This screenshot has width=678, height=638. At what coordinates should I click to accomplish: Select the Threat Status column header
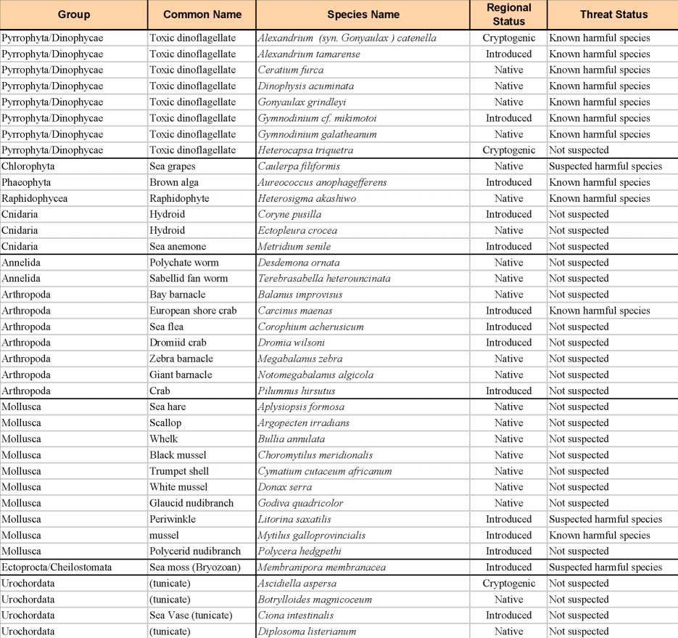[613, 15]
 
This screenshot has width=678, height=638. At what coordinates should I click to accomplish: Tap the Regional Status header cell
[508, 15]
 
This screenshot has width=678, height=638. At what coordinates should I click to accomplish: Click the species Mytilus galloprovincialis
[312, 535]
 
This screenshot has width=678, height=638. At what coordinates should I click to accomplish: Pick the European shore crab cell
[193, 311]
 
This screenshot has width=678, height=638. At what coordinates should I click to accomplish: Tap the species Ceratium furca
[291, 70]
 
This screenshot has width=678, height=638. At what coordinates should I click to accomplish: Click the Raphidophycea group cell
[32, 198]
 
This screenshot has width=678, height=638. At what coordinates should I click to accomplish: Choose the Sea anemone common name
[178, 247]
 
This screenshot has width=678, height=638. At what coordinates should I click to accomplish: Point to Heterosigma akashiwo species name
[307, 198]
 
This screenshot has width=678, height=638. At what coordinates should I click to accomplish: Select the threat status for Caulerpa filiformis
[605, 166]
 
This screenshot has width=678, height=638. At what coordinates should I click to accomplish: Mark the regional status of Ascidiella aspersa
[508, 584]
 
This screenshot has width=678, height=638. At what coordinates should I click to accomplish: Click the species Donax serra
[284, 487]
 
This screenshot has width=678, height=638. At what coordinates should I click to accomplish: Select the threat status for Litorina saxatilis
[605, 519]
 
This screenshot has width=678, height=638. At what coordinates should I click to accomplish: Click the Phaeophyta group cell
[26, 182]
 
